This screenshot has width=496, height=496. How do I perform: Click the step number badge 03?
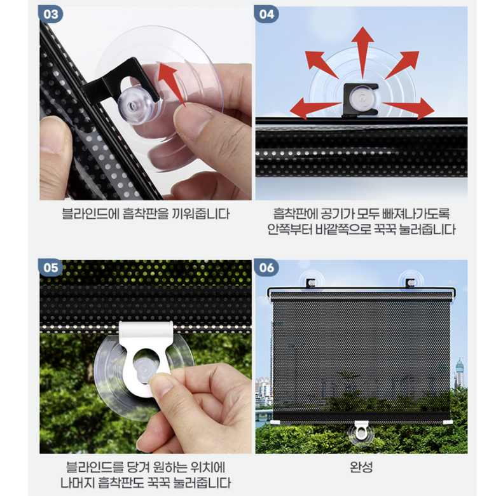[x=51, y=14]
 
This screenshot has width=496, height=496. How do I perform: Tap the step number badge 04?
[x=266, y=14]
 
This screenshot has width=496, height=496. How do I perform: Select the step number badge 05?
[x=51, y=268]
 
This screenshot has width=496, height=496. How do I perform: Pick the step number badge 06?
[x=266, y=268]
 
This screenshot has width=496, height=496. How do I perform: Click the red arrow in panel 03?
[x=172, y=84]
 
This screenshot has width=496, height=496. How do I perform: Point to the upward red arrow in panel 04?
[x=362, y=52]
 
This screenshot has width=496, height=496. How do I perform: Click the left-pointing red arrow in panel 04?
[x=315, y=108]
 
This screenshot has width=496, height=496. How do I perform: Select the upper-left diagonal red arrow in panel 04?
[x=321, y=65]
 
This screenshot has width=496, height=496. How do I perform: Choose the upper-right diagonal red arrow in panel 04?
[x=403, y=65]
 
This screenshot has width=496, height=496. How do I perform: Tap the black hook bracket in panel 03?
[x=121, y=82]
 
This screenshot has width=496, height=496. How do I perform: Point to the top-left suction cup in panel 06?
[x=311, y=280]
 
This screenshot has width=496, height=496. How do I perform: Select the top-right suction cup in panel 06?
[x=410, y=280]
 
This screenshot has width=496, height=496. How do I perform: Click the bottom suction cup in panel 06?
[x=361, y=434]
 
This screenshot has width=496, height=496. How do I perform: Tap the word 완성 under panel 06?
[x=361, y=467]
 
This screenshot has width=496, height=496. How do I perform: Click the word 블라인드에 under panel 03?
[x=90, y=214]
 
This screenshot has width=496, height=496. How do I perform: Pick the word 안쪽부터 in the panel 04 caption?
[x=291, y=230]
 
